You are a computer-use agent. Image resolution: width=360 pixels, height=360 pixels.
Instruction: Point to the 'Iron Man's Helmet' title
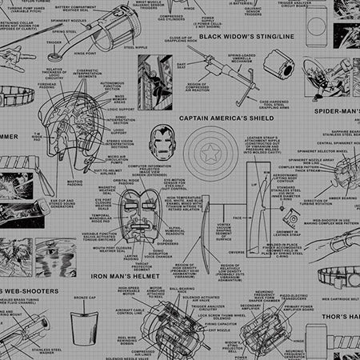[121, 276]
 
